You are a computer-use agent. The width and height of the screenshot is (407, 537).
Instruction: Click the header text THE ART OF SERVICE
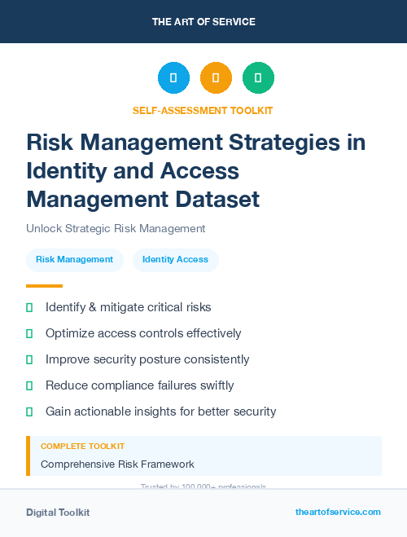pos(203,22)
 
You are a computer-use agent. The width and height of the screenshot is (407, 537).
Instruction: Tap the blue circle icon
pos(173,78)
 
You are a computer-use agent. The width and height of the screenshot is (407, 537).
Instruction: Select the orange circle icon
pos(216,78)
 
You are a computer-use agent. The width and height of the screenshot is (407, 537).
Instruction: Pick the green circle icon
pos(258,78)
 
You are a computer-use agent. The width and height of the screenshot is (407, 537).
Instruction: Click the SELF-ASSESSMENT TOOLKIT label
pos(203,111)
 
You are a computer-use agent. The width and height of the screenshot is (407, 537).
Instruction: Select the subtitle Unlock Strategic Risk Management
pos(116,229)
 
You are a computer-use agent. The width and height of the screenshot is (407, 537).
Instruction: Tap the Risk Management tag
pos(74,259)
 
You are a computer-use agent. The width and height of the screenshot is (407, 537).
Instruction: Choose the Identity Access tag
pos(175,259)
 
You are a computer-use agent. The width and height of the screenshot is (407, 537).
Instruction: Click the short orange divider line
pos(44,286)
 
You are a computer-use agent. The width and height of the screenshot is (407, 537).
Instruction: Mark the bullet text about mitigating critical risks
pos(128,307)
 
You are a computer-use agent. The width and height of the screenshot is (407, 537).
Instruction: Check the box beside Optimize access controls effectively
pos(29,333)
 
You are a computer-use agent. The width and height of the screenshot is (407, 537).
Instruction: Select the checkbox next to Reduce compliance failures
pos(29,385)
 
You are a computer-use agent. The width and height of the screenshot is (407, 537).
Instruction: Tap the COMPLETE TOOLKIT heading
pos(82,447)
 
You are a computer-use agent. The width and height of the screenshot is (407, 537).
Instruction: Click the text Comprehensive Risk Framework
pos(117,464)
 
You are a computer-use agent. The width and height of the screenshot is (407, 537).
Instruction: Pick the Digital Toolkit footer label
pos(58,513)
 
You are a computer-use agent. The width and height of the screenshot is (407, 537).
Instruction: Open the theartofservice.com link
pos(338,512)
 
